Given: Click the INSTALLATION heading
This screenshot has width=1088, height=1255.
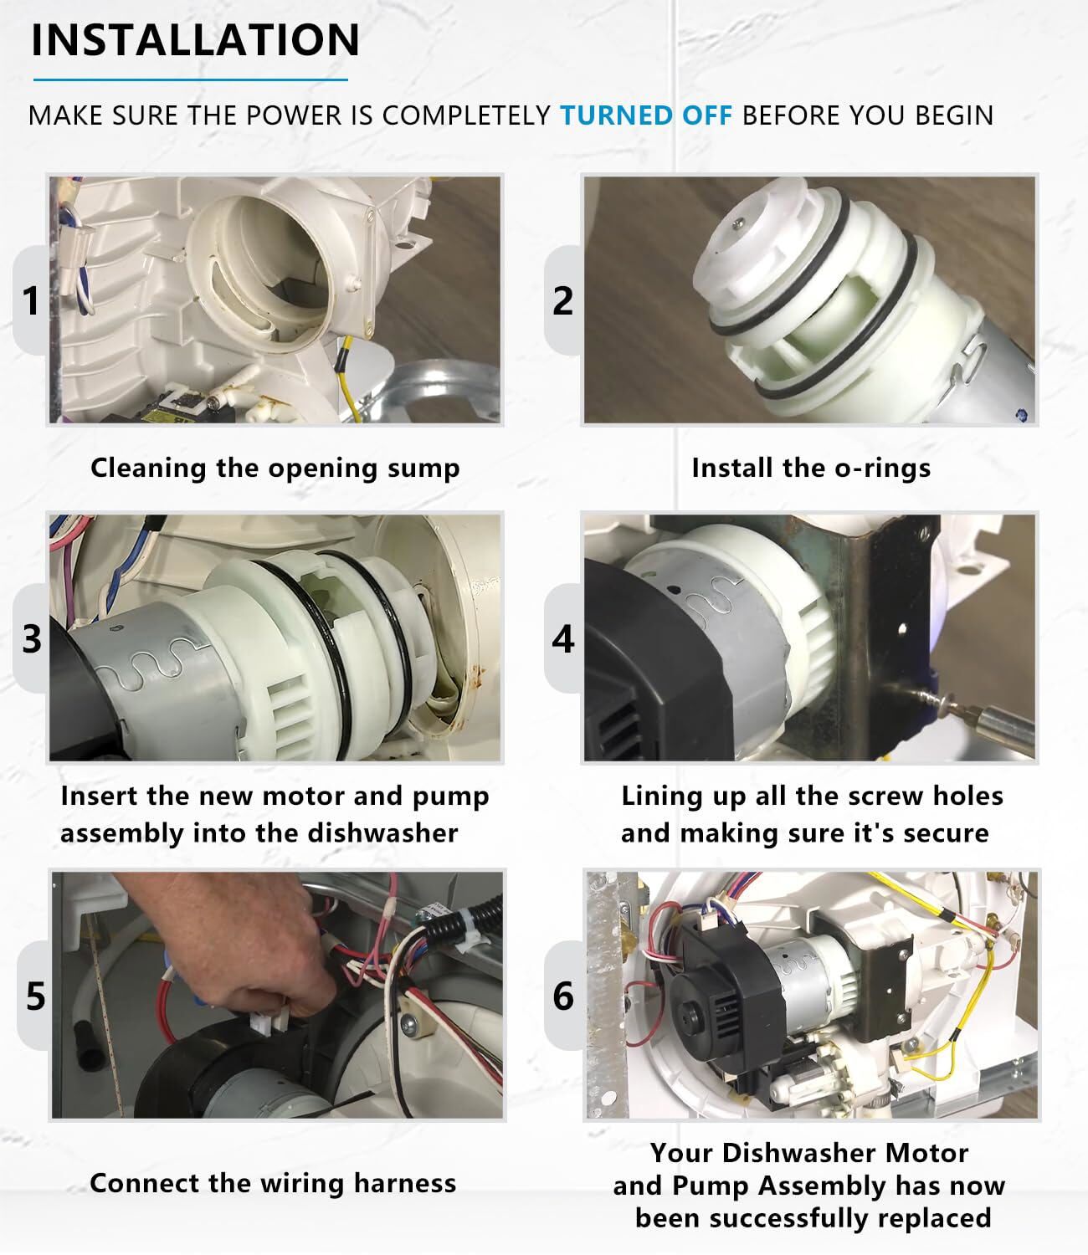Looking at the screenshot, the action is (195, 40).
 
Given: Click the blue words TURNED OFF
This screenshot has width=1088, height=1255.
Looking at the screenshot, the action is (646, 115).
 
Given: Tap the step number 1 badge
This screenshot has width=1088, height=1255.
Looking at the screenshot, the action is (31, 300).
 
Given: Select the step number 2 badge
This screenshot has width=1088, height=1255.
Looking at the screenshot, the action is (562, 300).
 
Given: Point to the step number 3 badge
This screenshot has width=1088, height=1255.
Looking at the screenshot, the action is (32, 638).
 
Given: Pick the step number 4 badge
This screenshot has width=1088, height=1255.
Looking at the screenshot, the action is (563, 638).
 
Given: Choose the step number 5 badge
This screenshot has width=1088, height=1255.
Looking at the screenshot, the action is (35, 996).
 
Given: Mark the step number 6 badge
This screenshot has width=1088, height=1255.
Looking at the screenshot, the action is (563, 996).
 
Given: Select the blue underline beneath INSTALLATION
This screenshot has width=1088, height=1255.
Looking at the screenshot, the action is (190, 79).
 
